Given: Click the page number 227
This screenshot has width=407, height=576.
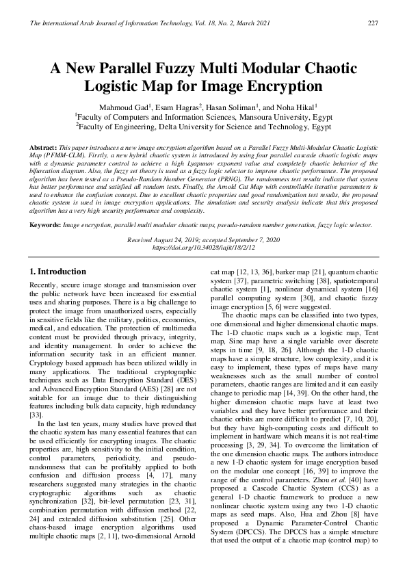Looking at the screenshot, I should click(373, 23).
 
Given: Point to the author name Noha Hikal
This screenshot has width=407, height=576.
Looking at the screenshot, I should click(300, 107).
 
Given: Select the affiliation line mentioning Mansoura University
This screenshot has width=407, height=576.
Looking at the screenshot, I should click(203, 117).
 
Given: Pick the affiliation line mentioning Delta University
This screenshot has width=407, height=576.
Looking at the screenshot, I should click(203, 127).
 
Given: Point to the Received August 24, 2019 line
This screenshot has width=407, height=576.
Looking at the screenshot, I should click(203, 239).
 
